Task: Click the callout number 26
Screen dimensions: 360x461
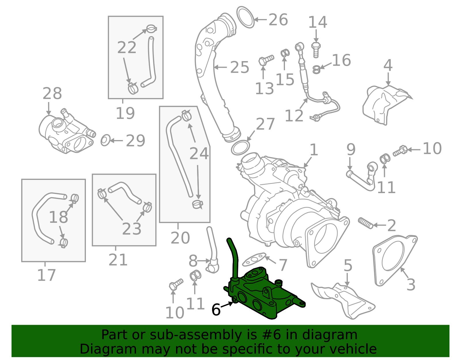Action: coord(278,20)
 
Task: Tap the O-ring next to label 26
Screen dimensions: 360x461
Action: coord(246,18)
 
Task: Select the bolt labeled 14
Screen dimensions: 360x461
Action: coord(316,49)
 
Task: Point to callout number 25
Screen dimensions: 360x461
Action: coord(239,67)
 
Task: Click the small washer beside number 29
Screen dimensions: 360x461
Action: coord(105,140)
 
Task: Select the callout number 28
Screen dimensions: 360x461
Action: coord(52,93)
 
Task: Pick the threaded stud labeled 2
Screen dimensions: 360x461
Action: coord(366,223)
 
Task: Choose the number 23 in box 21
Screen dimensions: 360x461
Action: coord(132,229)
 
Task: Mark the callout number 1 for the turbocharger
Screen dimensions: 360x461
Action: coord(313,150)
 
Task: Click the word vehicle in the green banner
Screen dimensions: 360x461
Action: coord(356,349)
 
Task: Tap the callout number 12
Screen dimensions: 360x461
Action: coord(294,116)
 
